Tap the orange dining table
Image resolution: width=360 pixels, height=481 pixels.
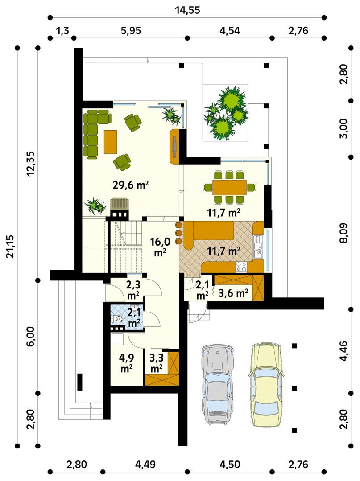(x=230, y=187)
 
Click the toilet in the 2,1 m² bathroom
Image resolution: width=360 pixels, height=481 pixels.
(x=118, y=319)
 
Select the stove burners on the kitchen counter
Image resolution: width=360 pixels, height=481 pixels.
(x=242, y=267)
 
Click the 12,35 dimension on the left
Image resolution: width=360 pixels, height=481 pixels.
(x=30, y=164)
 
